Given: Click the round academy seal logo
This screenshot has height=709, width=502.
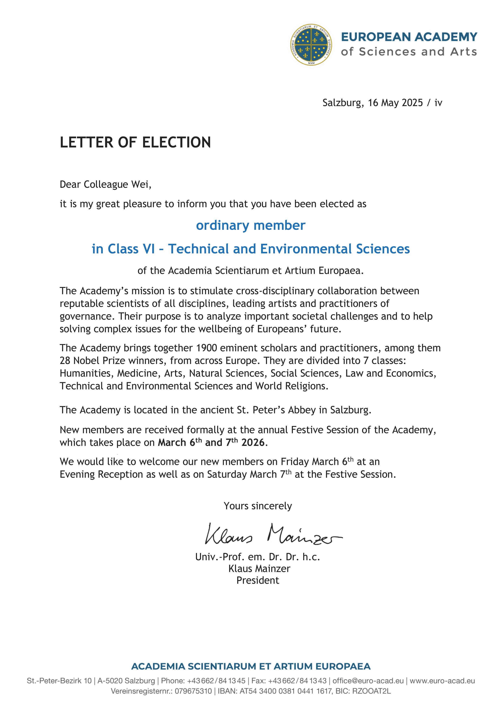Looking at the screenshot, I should point(311,45).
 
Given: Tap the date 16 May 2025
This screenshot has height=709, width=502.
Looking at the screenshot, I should point(395,103).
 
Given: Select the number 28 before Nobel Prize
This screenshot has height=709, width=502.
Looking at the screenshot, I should point(65,361).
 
